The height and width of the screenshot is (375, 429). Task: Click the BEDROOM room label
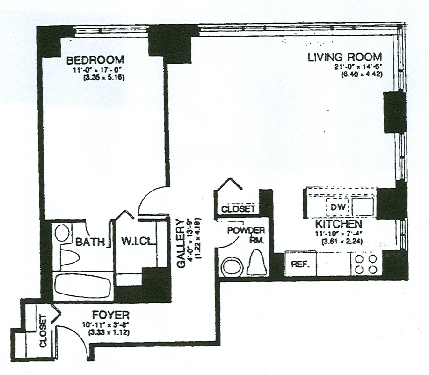click(x=95, y=60)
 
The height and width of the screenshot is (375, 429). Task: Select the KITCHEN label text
click(x=338, y=224)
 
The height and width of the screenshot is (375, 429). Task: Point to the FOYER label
click(x=110, y=315)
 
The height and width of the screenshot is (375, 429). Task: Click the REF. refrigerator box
click(x=299, y=264)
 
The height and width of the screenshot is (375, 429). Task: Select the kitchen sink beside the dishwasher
click(x=363, y=205)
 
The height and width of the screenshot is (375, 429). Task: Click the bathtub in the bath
click(x=82, y=286)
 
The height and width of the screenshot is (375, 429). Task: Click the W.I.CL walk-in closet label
click(x=135, y=242)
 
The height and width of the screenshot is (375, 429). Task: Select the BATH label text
click(x=89, y=242)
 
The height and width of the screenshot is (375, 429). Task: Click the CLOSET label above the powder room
click(x=238, y=209)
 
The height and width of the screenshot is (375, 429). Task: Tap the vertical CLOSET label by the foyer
click(x=43, y=331)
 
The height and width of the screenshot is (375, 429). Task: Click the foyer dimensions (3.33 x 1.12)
click(x=109, y=332)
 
